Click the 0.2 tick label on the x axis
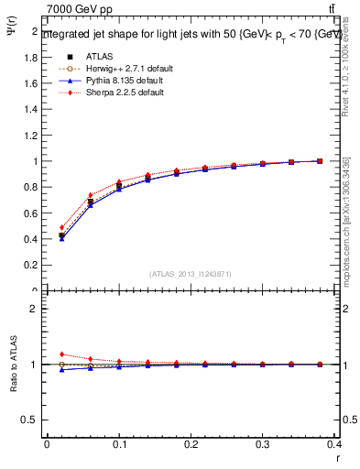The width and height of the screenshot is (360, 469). tap(191, 446)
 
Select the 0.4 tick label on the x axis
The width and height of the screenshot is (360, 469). tap(335, 446)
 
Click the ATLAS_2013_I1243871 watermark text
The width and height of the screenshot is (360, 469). tap(191, 274)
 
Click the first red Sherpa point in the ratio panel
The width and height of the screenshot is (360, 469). tap(61, 354)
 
